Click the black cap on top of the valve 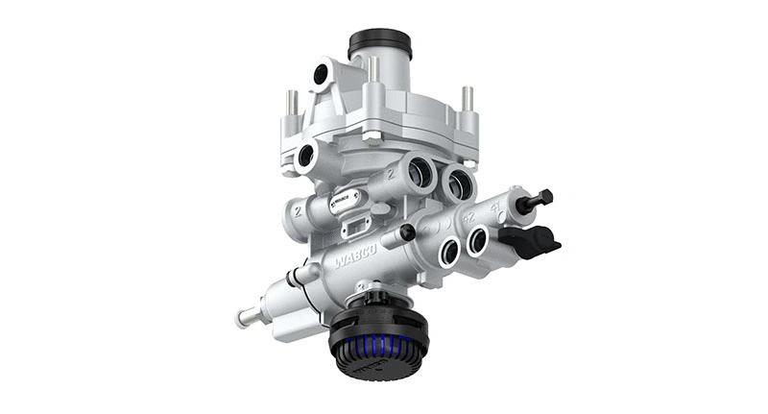coord(379,43)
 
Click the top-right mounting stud coord(467,98)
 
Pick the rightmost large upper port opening coord(459,181)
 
